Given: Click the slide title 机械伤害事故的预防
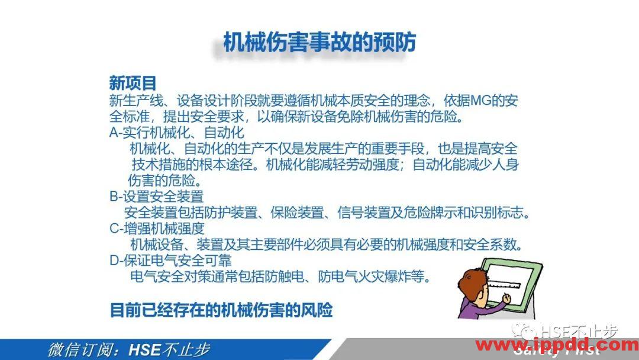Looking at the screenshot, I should click(319, 43).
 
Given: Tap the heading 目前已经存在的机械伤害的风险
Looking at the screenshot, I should click(221, 310).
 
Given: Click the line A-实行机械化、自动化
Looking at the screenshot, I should click(177, 132).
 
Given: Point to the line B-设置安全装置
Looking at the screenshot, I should click(157, 196).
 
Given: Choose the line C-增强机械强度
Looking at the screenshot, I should click(157, 228).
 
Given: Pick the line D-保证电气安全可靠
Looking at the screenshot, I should click(170, 260).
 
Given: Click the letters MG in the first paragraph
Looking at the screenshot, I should click(480, 100).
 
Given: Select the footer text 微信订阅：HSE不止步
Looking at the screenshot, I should click(128, 350).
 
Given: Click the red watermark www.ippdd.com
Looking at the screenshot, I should click(557, 345).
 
